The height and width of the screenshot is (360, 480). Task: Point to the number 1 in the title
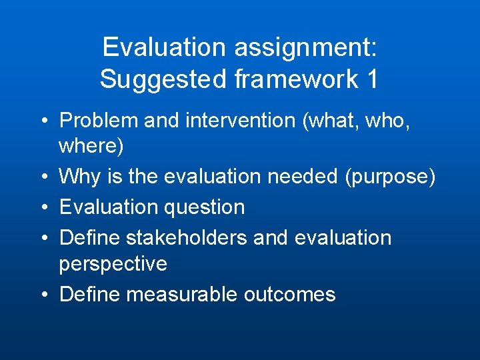tap(372, 79)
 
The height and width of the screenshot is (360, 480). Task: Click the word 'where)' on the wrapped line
tap(91, 146)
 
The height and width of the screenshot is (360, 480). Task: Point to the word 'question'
tap(204, 207)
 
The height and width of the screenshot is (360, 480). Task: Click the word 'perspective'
tap(113, 263)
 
